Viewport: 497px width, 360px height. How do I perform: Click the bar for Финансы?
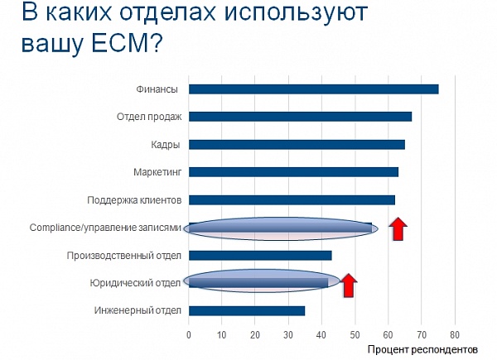pyautogui.click(x=313, y=89)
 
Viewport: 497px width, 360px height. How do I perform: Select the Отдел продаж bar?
pyautogui.click(x=300, y=117)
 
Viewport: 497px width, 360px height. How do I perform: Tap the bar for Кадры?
pyautogui.click(x=297, y=145)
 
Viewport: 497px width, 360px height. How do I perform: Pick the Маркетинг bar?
pyautogui.click(x=293, y=172)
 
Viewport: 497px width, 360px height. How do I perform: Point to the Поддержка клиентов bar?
pyautogui.click(x=292, y=200)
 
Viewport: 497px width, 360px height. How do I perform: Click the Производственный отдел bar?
pyautogui.click(x=260, y=256)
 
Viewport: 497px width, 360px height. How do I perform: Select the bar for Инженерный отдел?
pyautogui.click(x=247, y=311)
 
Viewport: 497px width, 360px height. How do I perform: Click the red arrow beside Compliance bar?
pyautogui.click(x=398, y=229)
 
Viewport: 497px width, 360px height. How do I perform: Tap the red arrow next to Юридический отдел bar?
pyautogui.click(x=349, y=286)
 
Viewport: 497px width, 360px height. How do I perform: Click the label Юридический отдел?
pyautogui.click(x=135, y=283)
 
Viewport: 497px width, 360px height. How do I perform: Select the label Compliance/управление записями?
pyautogui.click(x=105, y=228)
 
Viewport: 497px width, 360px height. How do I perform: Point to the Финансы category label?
pyautogui.click(x=157, y=89)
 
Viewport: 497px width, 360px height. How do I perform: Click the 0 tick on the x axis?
pyautogui.click(x=189, y=335)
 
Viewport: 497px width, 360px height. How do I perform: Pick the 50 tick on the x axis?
pyautogui.click(x=355, y=335)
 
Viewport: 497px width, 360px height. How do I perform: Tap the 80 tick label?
pyautogui.click(x=455, y=335)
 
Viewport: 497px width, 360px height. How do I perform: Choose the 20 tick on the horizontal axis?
pyautogui.click(x=255, y=335)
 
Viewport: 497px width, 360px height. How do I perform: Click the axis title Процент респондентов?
pyautogui.click(x=422, y=350)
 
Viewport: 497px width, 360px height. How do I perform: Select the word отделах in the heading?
pyautogui.click(x=168, y=13)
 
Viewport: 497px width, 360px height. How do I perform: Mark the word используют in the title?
pyautogui.click(x=296, y=14)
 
